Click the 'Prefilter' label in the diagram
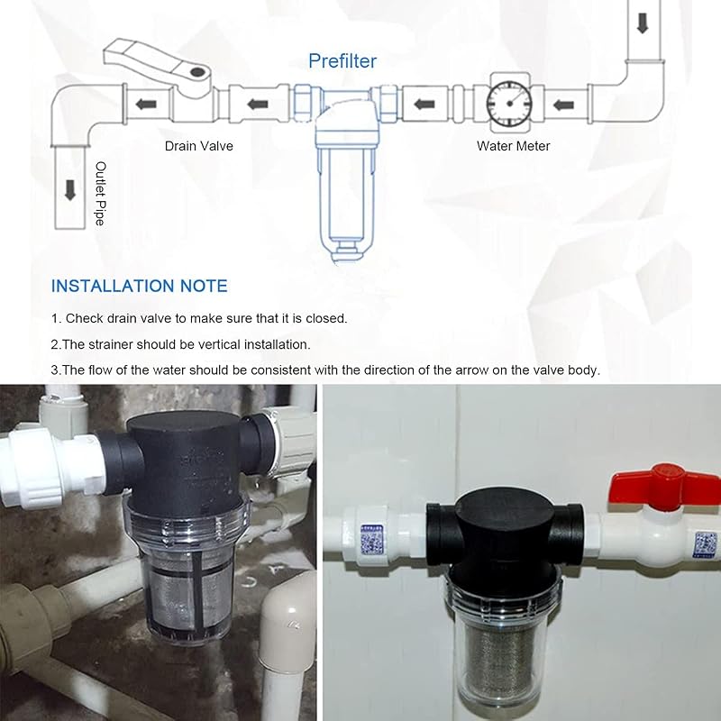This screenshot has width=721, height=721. click(342, 61)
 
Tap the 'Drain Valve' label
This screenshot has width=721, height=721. click(198, 146)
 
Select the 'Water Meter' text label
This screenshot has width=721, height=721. click(513, 146)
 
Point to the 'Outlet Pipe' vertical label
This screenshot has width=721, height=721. click(100, 193)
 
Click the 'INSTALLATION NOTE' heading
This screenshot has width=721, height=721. click(140, 286)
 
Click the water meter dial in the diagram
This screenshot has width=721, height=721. click(509, 104)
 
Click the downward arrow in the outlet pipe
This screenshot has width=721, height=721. click(70, 190)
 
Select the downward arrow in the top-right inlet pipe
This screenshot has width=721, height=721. click(643, 23)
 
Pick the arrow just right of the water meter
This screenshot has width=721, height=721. click(562, 105)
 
